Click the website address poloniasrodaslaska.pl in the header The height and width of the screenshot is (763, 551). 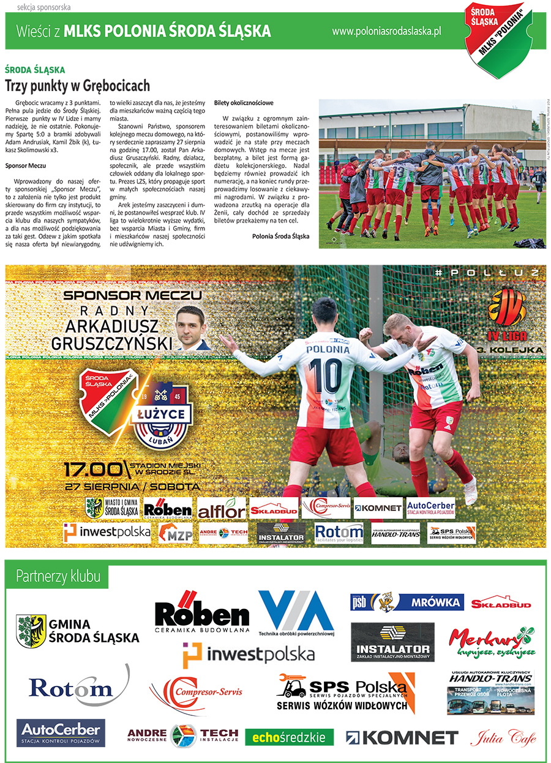pyautogui.click(x=386, y=31)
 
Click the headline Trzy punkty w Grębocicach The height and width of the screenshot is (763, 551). pyautogui.click(x=78, y=85)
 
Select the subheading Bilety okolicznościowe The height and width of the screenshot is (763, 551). pyautogui.click(x=244, y=103)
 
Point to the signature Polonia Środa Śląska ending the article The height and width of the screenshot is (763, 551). pyautogui.click(x=280, y=235)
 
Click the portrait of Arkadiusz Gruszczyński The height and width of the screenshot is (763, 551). pyautogui.click(x=193, y=327)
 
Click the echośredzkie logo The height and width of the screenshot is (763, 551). pyautogui.click(x=290, y=737)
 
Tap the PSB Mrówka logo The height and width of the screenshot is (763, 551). pyautogui.click(x=407, y=602)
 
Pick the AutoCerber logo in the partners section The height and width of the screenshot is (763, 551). pyautogui.click(x=61, y=732)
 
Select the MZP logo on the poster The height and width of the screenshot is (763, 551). pyautogui.click(x=175, y=534)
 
